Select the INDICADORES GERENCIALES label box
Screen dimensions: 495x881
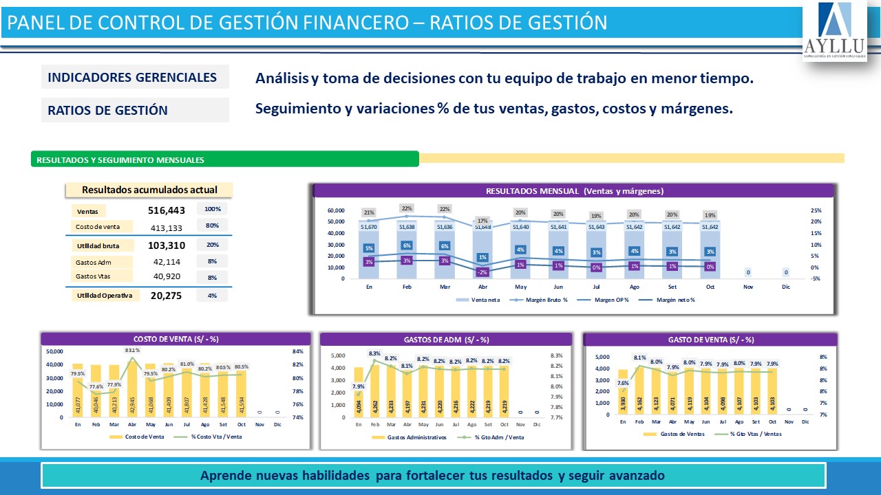135,77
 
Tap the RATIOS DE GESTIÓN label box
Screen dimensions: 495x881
135,110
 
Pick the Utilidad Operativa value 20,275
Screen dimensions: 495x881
166,296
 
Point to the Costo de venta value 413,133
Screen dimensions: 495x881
167,228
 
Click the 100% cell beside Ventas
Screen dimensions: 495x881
213,209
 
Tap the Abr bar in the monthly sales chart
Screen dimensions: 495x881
483,254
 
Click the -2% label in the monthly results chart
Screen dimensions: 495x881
482,272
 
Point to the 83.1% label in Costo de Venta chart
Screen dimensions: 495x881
133,351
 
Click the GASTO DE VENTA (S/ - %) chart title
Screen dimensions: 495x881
710,339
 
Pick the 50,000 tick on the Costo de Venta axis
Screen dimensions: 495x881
54,351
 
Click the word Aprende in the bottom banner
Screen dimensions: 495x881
222,475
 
